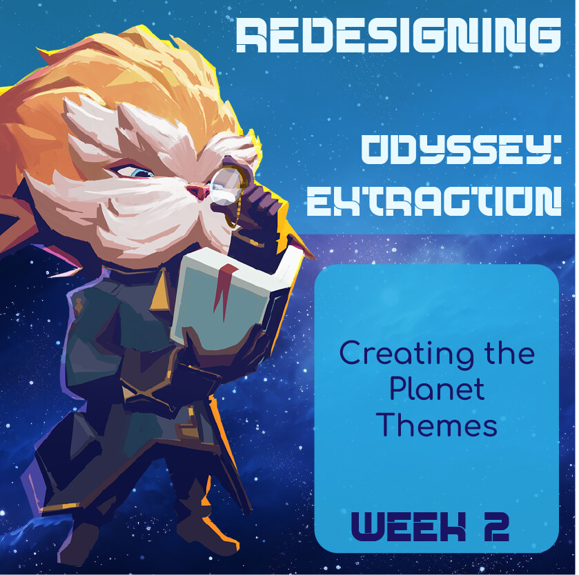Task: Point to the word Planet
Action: [437, 390]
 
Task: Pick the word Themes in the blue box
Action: [438, 425]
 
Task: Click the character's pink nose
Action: [198, 190]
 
